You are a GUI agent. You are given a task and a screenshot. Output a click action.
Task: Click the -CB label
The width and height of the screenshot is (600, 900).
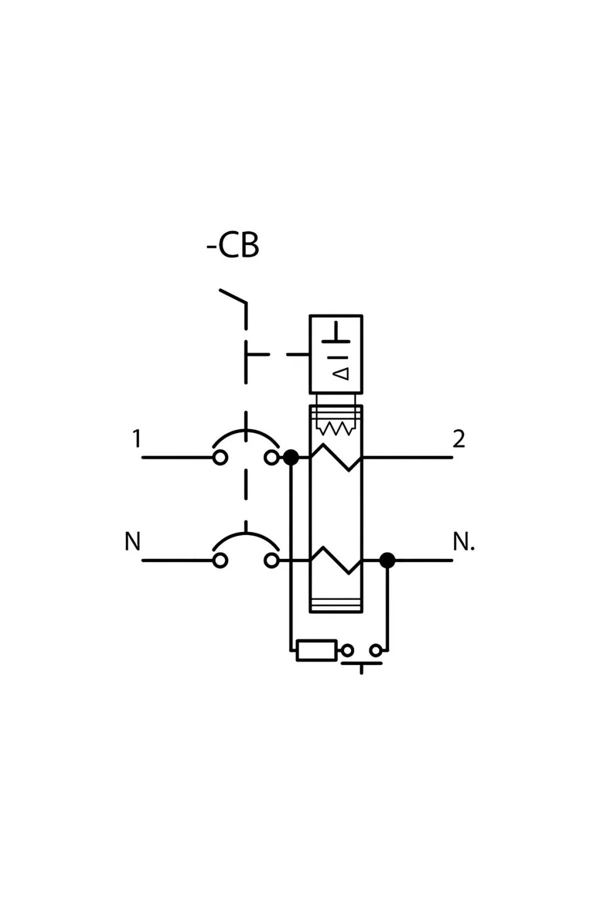[233, 246]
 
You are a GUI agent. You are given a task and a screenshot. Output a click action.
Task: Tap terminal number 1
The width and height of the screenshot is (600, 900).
[137, 438]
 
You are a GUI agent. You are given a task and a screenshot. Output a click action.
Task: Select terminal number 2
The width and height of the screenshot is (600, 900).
[459, 438]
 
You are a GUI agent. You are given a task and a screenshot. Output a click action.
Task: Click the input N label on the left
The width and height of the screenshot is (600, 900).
[132, 541]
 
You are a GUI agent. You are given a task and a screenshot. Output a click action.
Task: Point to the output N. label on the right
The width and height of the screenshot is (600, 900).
[463, 542]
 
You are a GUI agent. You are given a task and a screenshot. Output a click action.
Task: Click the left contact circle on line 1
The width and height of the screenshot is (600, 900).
[220, 458]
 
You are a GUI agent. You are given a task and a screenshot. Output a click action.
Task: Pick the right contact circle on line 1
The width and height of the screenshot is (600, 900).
[272, 458]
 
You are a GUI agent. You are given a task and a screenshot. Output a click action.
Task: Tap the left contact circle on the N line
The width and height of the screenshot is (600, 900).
[220, 561]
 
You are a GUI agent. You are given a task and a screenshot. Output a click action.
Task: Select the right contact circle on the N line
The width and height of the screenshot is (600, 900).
[272, 561]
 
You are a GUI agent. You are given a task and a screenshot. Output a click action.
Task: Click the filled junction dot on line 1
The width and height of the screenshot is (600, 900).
[291, 458]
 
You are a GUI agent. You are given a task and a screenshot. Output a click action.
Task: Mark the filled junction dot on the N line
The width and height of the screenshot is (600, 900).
[387, 561]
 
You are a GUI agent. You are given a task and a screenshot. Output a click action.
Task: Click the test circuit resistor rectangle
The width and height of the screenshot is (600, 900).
[316, 650]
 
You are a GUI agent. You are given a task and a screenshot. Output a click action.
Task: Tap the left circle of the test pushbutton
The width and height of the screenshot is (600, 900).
[347, 650]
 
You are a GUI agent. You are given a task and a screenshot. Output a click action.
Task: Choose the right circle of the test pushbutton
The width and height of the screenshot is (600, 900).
[376, 650]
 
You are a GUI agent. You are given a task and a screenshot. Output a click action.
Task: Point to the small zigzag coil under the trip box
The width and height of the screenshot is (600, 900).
[335, 429]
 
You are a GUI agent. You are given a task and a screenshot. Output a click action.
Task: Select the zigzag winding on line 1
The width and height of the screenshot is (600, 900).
[336, 458]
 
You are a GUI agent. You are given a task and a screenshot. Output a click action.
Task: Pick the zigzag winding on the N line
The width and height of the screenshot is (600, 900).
[336, 561]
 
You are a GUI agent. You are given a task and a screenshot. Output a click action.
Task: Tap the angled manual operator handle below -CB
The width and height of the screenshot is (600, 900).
[233, 296]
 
